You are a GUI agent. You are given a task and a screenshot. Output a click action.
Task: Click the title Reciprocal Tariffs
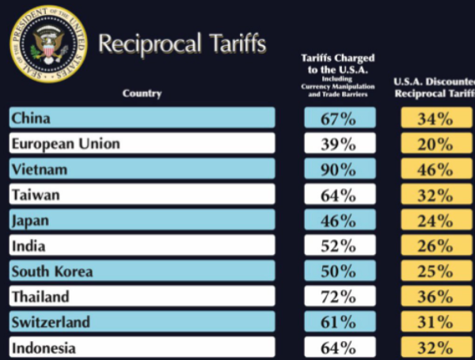pyautogui.click(x=182, y=44)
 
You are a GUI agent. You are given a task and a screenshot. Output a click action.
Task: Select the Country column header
pyautogui.click(x=142, y=94)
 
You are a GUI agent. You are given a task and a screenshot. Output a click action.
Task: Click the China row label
pyautogui.click(x=142, y=119)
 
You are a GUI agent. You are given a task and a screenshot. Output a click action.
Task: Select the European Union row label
pyautogui.click(x=142, y=144)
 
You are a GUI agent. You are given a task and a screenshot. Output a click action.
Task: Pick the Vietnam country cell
pyautogui.click(x=142, y=169)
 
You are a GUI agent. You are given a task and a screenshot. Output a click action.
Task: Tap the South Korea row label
pyautogui.click(x=142, y=271)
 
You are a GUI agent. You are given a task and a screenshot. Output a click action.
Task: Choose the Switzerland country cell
pyautogui.click(x=142, y=321)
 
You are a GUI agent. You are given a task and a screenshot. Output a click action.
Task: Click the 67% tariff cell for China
pyautogui.click(x=338, y=119)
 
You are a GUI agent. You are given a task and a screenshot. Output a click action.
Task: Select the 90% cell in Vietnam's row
pyautogui.click(x=338, y=169)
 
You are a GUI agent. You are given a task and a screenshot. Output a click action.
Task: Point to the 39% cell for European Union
pyautogui.click(x=338, y=144)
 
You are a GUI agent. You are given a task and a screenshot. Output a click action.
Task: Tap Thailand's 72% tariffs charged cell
pyautogui.click(x=338, y=297)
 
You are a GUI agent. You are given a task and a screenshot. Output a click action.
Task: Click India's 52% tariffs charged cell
pyautogui.click(x=338, y=245)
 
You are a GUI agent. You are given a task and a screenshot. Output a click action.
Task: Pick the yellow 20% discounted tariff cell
pyautogui.click(x=437, y=144)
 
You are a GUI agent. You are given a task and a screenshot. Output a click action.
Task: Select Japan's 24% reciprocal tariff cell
pyautogui.click(x=437, y=220)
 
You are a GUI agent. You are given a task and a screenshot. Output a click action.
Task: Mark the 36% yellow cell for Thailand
pyautogui.click(x=437, y=297)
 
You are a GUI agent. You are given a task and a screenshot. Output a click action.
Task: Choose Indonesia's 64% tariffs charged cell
pyautogui.click(x=338, y=347)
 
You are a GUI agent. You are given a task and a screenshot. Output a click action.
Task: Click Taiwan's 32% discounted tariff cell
pyautogui.click(x=437, y=195)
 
